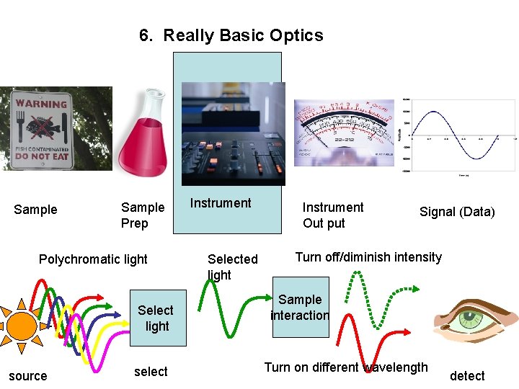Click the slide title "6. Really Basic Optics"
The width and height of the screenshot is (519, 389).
point(231,35)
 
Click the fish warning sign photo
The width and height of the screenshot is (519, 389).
point(41,130)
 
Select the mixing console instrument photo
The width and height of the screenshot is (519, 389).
point(233,134)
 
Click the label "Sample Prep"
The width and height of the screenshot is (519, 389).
point(142,215)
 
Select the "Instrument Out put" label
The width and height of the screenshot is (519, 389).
point(332,215)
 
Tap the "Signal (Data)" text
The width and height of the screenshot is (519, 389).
point(457,212)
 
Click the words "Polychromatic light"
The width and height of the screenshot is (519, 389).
point(93,259)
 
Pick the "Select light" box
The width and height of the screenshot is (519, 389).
point(156,318)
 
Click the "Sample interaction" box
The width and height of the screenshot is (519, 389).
point(300,307)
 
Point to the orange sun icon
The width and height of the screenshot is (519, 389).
point(22,325)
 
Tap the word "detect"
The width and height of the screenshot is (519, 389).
point(467,375)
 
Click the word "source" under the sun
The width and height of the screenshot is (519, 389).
point(28,375)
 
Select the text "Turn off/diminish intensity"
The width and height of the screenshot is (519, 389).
point(368,257)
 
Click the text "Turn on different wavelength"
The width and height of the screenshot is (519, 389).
point(346,367)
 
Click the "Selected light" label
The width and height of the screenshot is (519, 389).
point(232,267)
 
